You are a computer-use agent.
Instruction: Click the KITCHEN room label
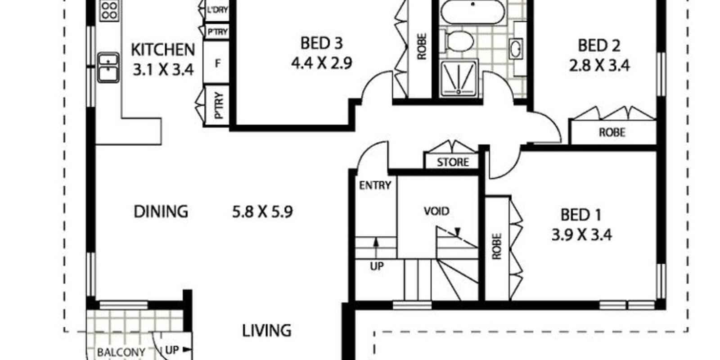click(163, 49)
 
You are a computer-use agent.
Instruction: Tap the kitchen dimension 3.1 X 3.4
click(163, 70)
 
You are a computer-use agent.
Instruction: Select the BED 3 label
click(321, 43)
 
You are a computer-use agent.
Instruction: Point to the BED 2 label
click(599, 45)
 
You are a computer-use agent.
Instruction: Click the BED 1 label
click(581, 215)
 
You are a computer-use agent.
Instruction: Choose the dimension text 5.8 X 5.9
click(262, 212)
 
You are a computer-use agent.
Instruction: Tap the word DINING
click(161, 211)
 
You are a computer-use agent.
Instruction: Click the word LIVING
click(266, 331)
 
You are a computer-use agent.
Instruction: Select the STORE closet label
click(453, 162)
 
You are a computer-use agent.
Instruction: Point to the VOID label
click(436, 211)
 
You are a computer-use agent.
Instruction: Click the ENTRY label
click(375, 185)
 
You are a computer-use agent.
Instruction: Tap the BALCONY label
click(121, 352)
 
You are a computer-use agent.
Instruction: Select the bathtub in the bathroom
click(472, 12)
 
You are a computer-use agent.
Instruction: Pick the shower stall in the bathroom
click(459, 78)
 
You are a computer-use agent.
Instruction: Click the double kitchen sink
click(108, 67)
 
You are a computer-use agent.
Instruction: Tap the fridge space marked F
click(217, 63)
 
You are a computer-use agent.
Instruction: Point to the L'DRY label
click(217, 9)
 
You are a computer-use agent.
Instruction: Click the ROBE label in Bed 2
click(612, 132)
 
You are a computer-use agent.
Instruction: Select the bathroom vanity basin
click(516, 49)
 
